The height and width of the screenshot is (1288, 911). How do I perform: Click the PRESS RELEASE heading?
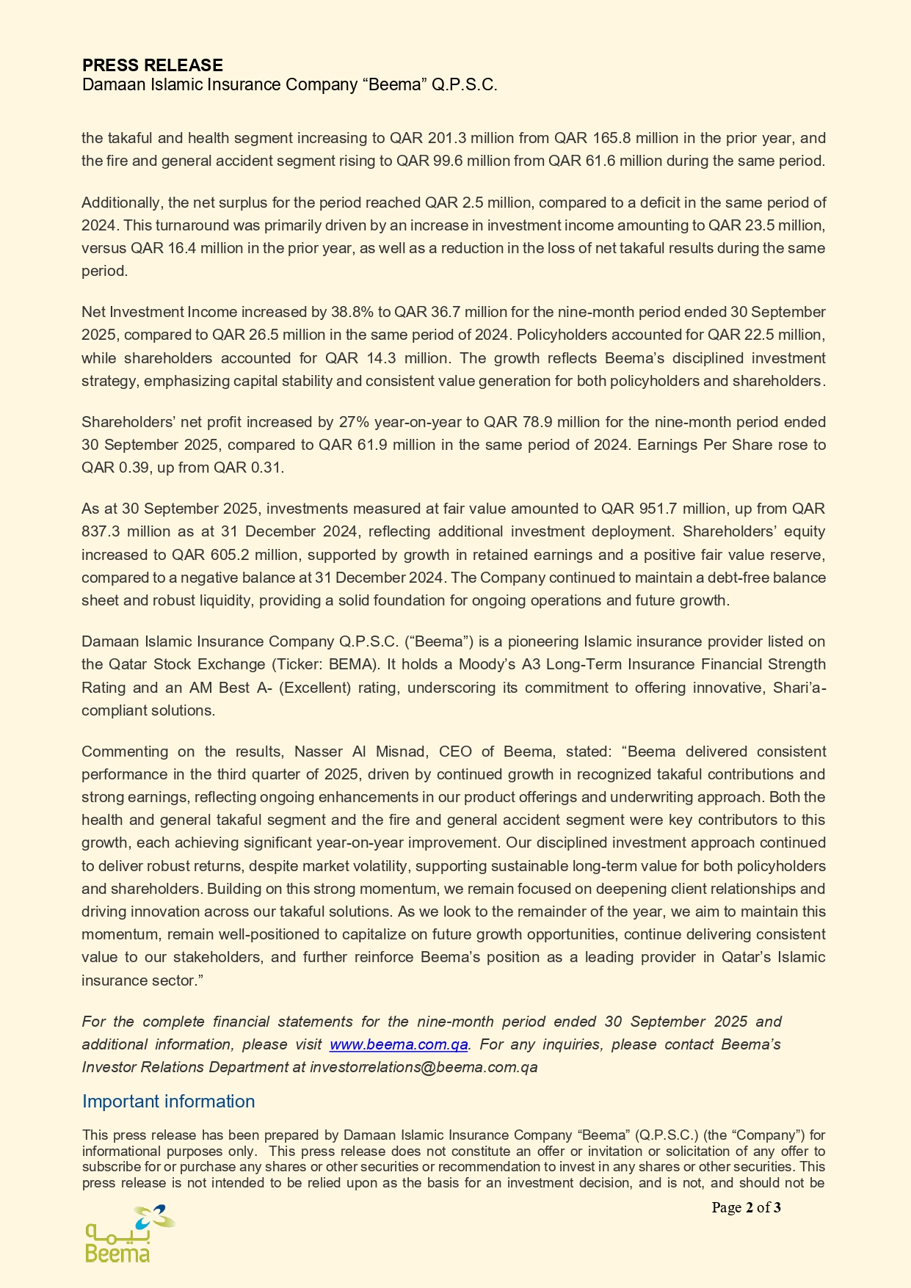click(x=153, y=65)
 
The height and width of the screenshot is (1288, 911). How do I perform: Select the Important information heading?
click(x=168, y=1101)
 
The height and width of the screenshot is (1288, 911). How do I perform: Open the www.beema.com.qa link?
click(x=399, y=1044)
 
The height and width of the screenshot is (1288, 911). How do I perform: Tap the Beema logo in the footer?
click(x=128, y=1234)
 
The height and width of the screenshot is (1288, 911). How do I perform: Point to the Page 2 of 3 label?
click(x=746, y=1207)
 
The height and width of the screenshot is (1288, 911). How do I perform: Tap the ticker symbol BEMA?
click(x=351, y=664)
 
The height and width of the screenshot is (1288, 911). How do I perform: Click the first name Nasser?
click(x=315, y=752)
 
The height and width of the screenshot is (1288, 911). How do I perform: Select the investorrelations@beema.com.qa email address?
click(x=424, y=1067)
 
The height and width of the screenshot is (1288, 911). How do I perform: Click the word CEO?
click(x=455, y=752)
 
